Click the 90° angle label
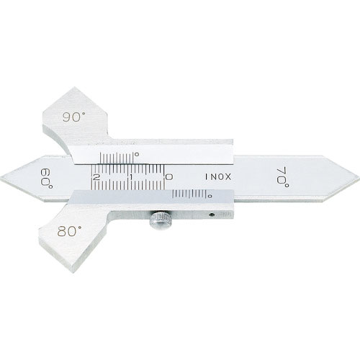[73, 117]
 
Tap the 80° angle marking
[69, 231]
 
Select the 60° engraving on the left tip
[47, 179]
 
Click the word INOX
[218, 177]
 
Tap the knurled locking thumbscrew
[161, 220]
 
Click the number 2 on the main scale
[96, 178]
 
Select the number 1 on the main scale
[131, 177]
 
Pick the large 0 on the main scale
[169, 177]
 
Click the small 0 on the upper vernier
[137, 154]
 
